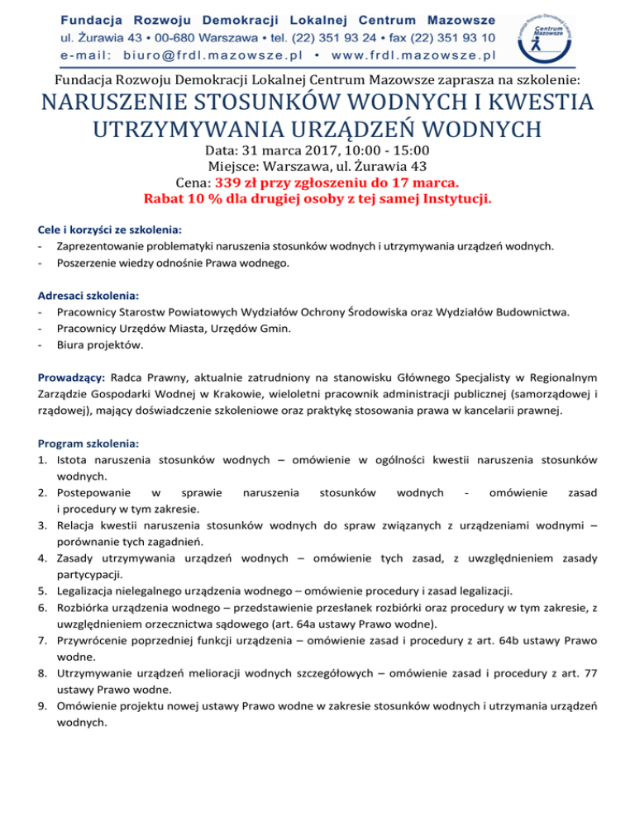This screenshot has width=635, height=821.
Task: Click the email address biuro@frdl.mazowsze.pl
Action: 192,56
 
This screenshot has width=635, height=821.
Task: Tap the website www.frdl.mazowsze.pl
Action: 414,56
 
